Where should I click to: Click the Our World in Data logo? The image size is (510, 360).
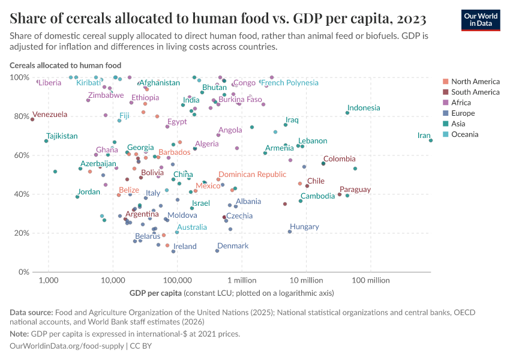tap(481, 20)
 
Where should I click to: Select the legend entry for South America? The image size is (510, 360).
tap(475, 92)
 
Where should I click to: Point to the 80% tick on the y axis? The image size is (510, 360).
tap(20, 116)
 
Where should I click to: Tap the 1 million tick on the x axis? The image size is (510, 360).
tap(242, 280)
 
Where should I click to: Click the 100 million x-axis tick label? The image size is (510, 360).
tap(370, 280)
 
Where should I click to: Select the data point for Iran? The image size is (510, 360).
tap(431, 140)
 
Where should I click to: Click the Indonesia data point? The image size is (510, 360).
tap(347, 113)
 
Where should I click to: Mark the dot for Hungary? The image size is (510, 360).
tap(290, 232)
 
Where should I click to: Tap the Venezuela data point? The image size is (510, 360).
tap(32, 119)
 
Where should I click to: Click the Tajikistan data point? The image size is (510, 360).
tap(46, 141)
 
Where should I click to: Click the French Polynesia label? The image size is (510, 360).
tap(289, 83)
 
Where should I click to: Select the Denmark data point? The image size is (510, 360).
tap(217, 251)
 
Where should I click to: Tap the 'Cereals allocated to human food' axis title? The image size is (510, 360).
tap(65, 65)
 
